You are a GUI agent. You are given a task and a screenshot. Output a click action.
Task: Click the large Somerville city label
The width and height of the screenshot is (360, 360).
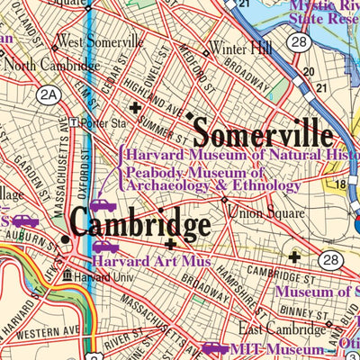263,134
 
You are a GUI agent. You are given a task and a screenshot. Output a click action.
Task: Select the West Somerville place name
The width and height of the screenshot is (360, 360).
99,41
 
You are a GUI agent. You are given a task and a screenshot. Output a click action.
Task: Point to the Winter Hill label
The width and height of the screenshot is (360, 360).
238,48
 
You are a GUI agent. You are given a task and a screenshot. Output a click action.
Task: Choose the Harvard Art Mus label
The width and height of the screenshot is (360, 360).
151,262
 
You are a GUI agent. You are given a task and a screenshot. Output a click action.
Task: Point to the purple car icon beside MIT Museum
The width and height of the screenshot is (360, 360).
214,349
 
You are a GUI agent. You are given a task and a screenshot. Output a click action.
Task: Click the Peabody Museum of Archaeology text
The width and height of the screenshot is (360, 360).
212,179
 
